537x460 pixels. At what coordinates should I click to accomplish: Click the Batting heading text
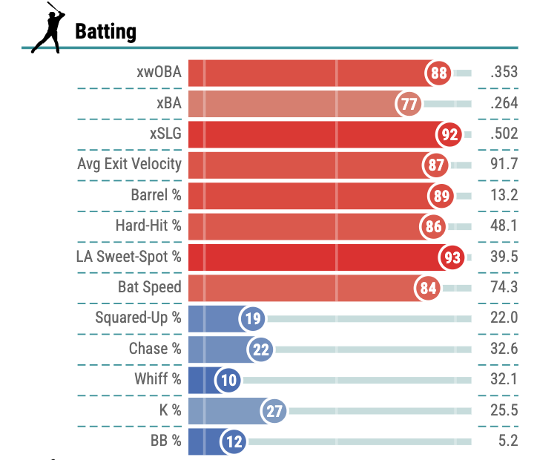105,31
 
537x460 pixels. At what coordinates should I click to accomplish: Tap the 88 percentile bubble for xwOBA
439,73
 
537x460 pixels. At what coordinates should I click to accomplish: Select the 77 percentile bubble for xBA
409,104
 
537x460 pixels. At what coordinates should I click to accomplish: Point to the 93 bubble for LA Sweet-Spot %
452,257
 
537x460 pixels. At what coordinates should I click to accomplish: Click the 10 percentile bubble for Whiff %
228,381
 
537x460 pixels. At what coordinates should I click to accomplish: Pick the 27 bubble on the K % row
274,411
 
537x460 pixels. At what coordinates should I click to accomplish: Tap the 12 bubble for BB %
234,442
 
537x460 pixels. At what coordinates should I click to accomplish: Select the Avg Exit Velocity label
129,164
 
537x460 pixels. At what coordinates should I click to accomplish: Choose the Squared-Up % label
138,318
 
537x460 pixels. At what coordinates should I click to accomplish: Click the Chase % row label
154,349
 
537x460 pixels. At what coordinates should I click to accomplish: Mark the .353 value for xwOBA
504,73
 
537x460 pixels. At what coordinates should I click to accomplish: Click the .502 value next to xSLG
504,134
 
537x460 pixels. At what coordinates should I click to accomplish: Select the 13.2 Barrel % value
504,196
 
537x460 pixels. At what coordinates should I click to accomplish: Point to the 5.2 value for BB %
508,441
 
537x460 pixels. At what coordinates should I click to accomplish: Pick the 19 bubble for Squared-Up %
252,319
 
